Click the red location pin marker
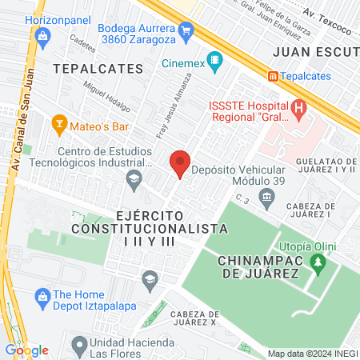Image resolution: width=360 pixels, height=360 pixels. coord(180,163)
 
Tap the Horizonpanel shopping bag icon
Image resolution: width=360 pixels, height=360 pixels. coord(43,34)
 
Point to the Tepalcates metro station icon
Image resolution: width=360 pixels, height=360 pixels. coord(274,76)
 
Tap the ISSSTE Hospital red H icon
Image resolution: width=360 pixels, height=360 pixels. coord(300,106)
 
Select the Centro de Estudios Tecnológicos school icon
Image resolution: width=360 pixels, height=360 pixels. coord(133,184)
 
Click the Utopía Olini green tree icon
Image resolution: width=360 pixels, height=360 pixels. coord(318,262)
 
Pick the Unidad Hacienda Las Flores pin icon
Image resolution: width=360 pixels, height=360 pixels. coord(78,346)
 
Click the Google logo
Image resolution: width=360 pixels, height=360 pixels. coord(26,350)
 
